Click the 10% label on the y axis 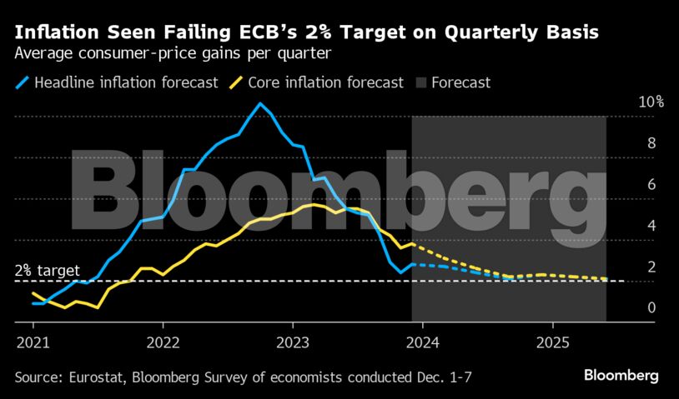click(651, 102)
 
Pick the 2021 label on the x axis click(32, 342)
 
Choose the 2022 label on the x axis click(163, 342)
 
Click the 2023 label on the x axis click(293, 342)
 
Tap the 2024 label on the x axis click(423, 342)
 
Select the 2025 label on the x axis click(553, 342)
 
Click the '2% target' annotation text click(48, 271)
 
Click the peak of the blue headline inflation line click(260, 103)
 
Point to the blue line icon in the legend click(23, 82)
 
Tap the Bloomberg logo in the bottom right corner click(622, 376)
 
